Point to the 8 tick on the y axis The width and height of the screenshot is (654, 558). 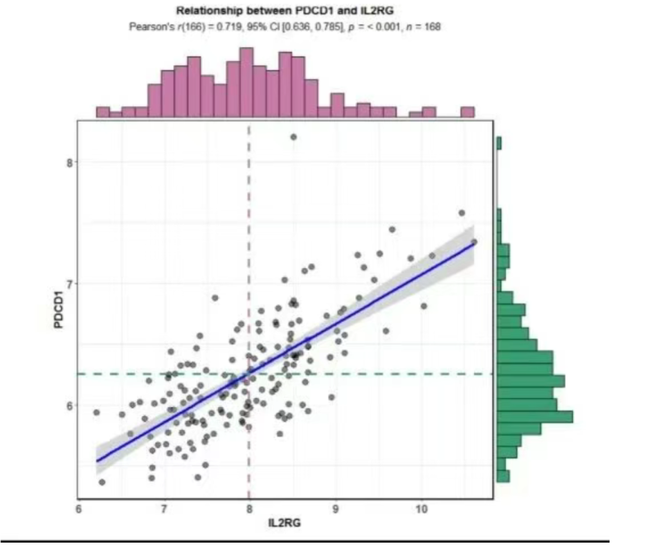tap(67, 163)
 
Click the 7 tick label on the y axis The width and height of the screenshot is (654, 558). tap(67, 284)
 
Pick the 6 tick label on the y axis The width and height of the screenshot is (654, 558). tap(67, 405)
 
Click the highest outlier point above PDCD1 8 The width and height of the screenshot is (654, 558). tap(293, 137)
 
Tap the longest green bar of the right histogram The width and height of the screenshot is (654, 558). tap(535, 416)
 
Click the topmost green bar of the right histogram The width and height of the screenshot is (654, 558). tap(500, 143)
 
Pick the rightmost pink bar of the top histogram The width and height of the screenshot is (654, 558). tap(468, 112)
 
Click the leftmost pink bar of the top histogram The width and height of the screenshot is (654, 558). tap(103, 112)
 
